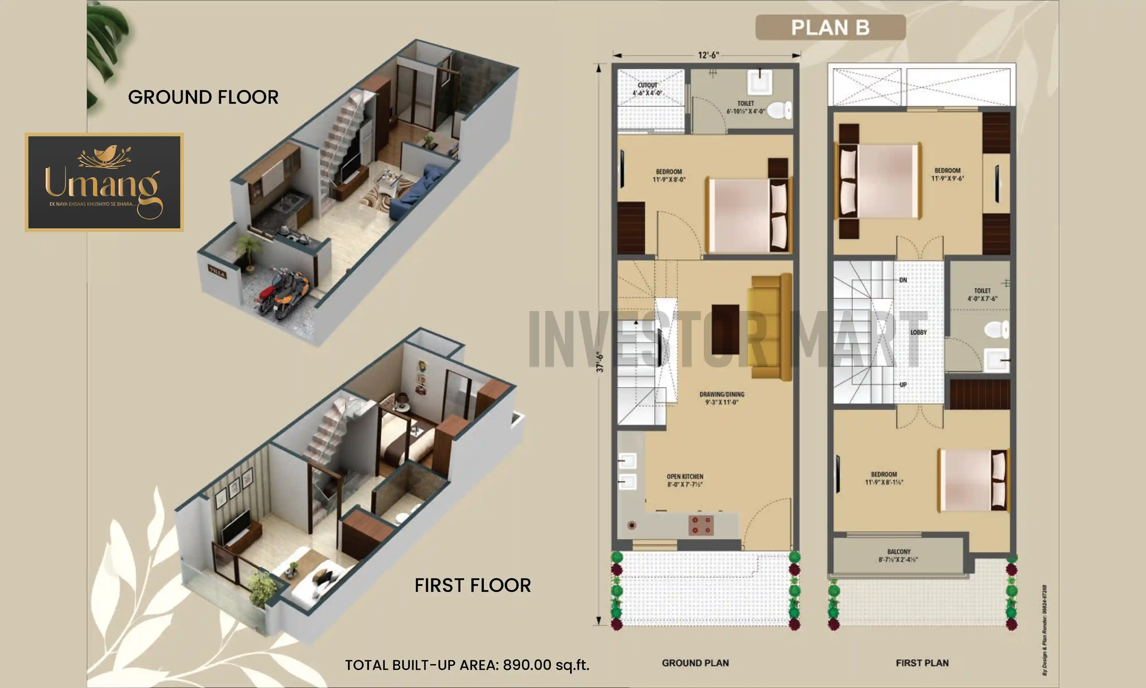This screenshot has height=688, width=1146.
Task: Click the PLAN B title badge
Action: point(830,27)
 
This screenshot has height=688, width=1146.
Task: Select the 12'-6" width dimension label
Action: point(708,55)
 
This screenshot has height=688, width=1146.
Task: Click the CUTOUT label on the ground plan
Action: point(647,85)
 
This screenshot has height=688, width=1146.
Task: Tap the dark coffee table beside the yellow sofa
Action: point(725,329)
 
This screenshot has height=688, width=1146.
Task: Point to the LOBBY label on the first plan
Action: point(919,333)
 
